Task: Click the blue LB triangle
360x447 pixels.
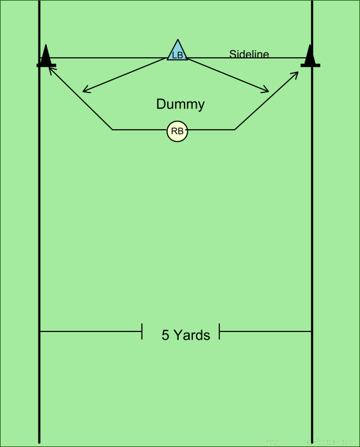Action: click(x=177, y=52)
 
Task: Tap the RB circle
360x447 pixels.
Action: click(x=177, y=131)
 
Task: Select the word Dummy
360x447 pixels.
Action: click(x=180, y=105)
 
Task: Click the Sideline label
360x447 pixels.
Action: click(x=249, y=53)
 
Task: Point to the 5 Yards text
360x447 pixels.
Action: click(x=186, y=335)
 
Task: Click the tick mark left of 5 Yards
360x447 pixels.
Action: click(x=142, y=331)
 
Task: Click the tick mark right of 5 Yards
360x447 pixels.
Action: click(x=219, y=331)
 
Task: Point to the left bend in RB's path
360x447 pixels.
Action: click(x=113, y=130)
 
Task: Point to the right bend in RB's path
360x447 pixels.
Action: click(x=235, y=130)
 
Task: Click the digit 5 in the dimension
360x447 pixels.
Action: click(x=165, y=335)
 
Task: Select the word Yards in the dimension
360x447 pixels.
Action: click(x=192, y=335)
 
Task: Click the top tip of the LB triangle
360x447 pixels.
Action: click(x=177, y=40)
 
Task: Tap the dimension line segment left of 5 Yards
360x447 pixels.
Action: click(x=91, y=331)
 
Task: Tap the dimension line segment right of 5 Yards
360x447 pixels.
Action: click(x=265, y=331)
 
